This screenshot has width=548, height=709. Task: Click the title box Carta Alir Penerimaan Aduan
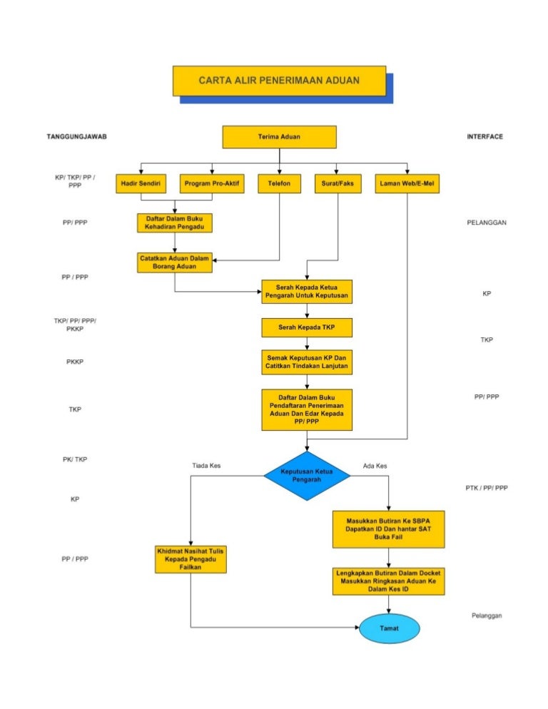click(279, 81)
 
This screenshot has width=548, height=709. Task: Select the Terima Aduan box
click(279, 136)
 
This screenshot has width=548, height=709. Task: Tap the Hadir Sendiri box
click(140, 183)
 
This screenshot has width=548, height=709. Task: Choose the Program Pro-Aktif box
click(212, 183)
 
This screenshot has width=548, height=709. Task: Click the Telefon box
click(279, 183)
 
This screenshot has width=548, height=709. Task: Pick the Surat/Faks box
click(337, 183)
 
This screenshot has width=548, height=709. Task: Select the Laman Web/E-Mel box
click(407, 183)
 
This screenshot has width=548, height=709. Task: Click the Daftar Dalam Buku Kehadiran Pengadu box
click(175, 223)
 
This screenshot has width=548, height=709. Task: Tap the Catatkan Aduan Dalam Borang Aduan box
click(175, 262)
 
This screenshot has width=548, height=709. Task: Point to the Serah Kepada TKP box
click(307, 327)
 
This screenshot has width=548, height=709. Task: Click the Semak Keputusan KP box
click(307, 361)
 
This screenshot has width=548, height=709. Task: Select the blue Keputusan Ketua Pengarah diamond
click(307, 476)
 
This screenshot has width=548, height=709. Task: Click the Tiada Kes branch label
click(206, 466)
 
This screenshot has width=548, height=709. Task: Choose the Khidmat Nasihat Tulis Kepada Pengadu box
click(191, 558)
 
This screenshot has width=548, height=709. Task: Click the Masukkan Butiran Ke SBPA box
click(388, 527)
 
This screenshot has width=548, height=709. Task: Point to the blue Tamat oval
click(389, 628)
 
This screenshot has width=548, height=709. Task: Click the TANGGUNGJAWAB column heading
click(76, 136)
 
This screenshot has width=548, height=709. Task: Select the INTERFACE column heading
click(485, 136)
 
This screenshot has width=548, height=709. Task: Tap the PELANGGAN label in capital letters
click(487, 223)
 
